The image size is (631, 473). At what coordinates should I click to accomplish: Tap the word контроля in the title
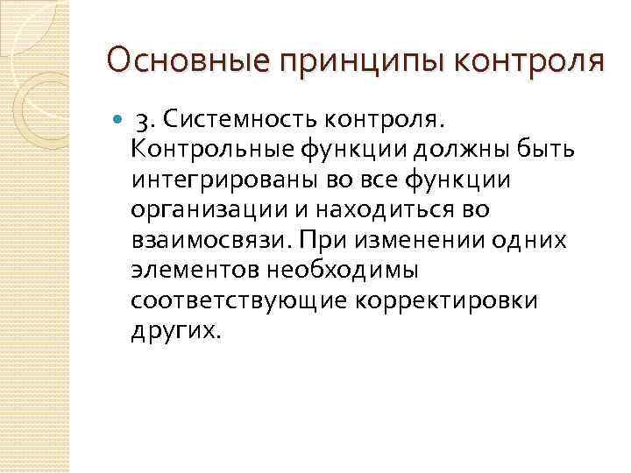(516, 60)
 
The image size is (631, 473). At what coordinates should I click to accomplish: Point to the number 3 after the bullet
(142, 117)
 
